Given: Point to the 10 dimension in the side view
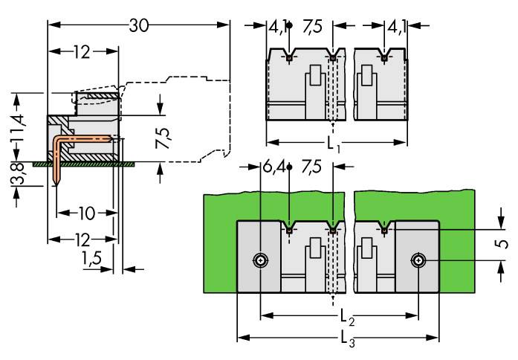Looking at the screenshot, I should [x=86, y=214].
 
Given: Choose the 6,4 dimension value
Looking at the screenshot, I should [x=271, y=167].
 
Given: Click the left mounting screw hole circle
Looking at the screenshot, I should [x=260, y=260].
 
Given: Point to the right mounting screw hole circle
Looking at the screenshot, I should [x=420, y=260].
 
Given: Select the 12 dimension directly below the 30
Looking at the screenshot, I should [x=82, y=51].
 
